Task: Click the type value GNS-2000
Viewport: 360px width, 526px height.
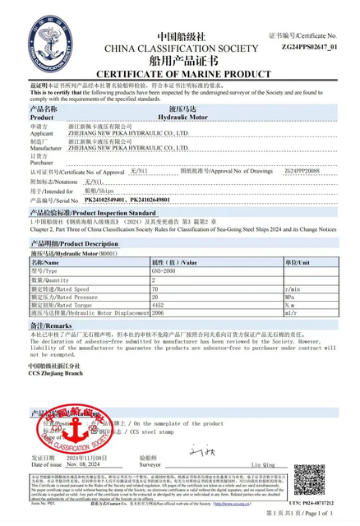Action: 164,270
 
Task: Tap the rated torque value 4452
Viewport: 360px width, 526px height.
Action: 159,304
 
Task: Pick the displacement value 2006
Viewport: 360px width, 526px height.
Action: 159,312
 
